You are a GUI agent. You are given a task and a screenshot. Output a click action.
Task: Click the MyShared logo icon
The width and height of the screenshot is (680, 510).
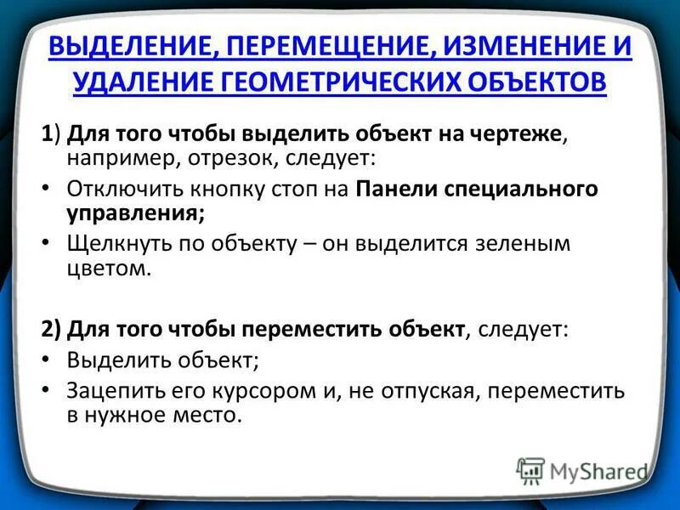coord(531,471)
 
